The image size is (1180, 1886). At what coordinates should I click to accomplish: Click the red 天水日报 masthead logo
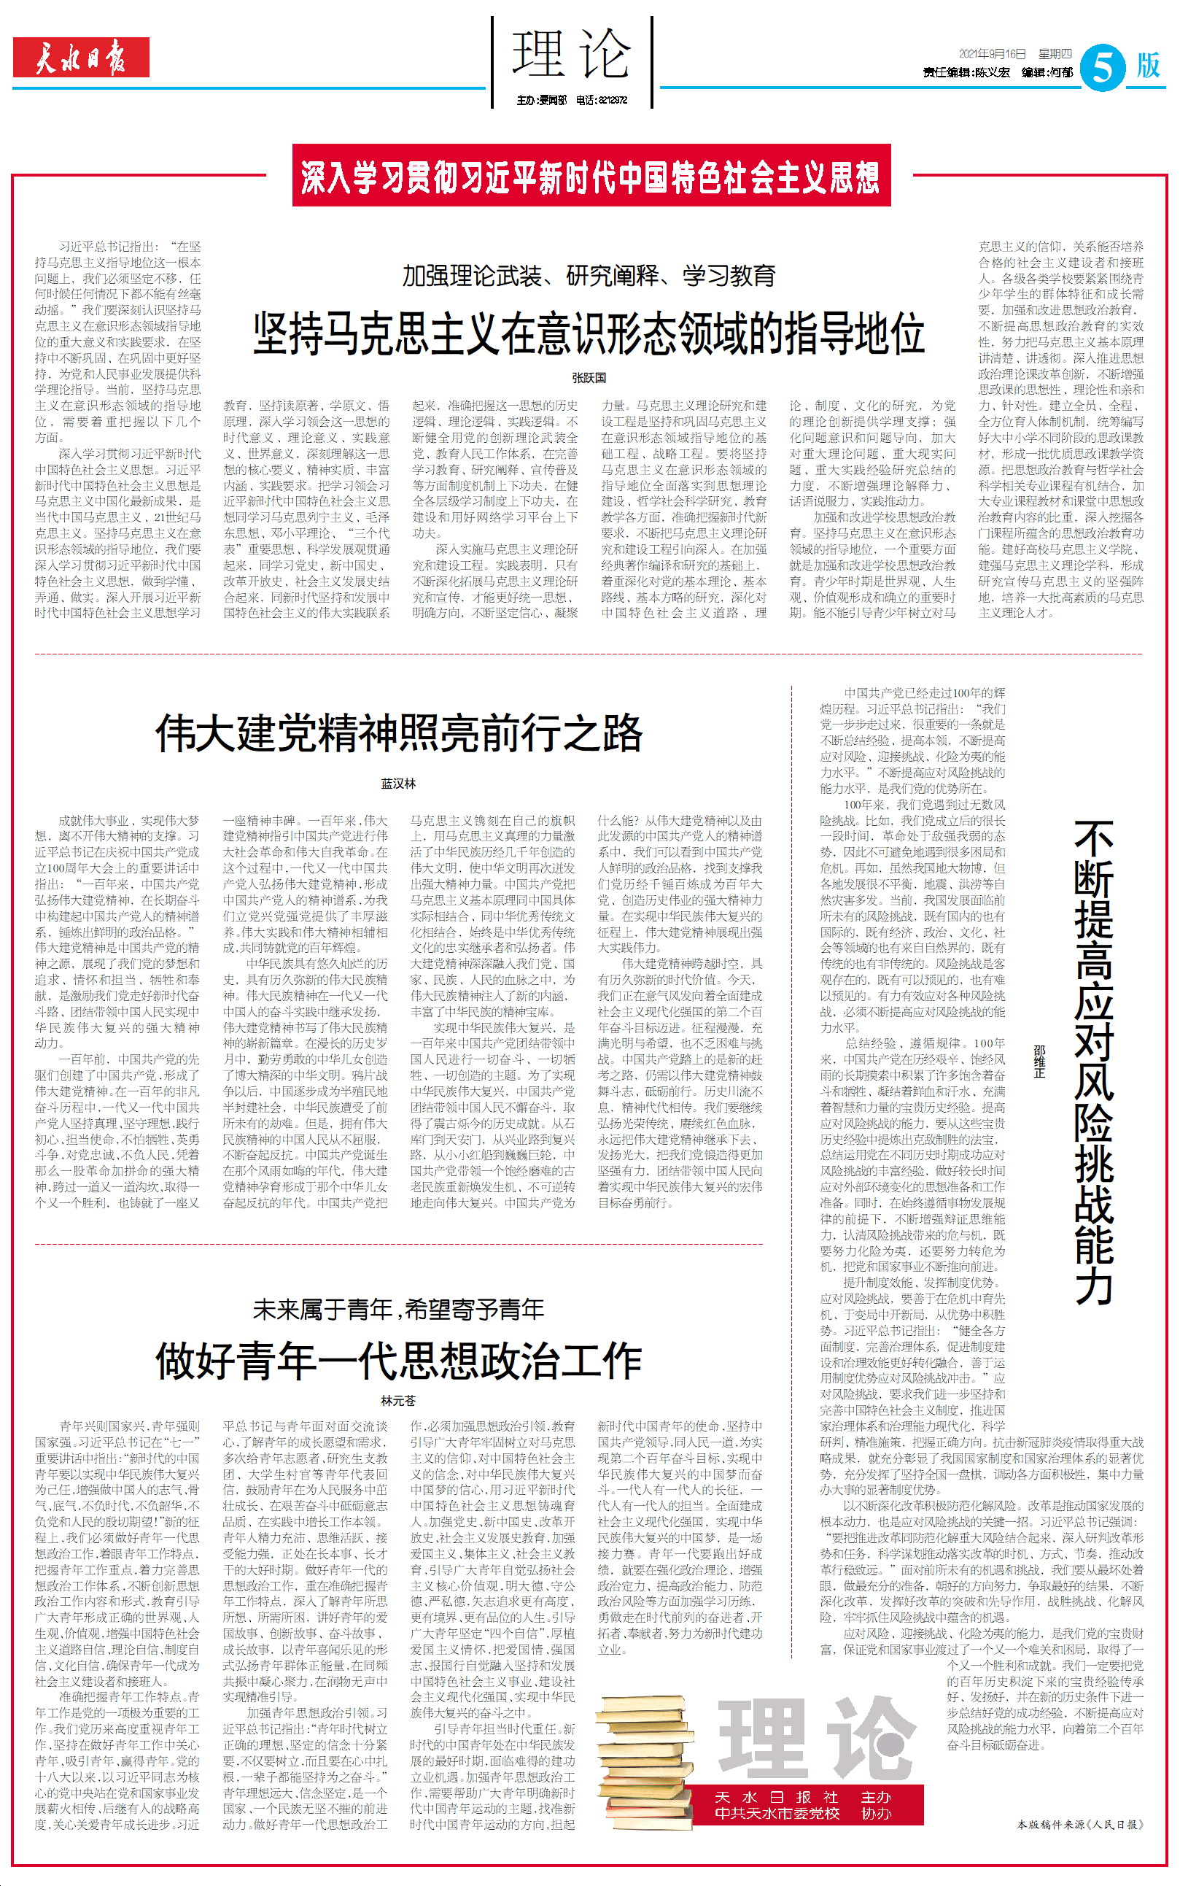(80, 58)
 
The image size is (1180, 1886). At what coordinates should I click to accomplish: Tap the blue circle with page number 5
(1103, 68)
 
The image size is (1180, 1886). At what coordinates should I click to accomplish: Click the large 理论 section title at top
(571, 55)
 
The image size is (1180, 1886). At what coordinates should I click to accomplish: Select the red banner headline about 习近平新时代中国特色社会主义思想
(591, 176)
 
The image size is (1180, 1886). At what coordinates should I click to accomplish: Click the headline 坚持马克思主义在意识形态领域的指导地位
(589, 333)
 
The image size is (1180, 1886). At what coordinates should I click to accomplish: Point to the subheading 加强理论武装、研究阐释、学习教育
(589, 276)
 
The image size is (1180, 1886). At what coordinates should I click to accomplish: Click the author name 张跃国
(589, 378)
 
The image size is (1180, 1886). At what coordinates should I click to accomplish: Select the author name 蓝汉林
(398, 783)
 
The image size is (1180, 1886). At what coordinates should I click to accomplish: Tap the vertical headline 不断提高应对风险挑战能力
(1094, 1062)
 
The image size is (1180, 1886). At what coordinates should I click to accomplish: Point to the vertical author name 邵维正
(1039, 1062)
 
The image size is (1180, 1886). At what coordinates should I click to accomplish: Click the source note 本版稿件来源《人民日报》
(1080, 1824)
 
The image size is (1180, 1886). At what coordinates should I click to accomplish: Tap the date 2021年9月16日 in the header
(992, 54)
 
